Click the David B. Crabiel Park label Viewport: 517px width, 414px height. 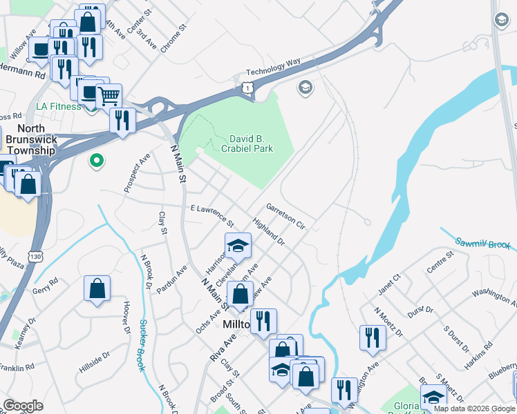[247, 144]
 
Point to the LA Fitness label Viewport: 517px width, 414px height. [58, 107]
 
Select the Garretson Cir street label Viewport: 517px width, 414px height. [285, 215]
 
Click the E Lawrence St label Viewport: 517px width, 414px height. [212, 215]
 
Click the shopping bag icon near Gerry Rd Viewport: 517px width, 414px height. [97, 289]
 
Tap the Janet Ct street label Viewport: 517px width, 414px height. [389, 283]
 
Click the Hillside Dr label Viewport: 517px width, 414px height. [94, 362]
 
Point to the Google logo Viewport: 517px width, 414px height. [23, 406]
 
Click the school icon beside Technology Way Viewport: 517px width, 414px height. [304, 87]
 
